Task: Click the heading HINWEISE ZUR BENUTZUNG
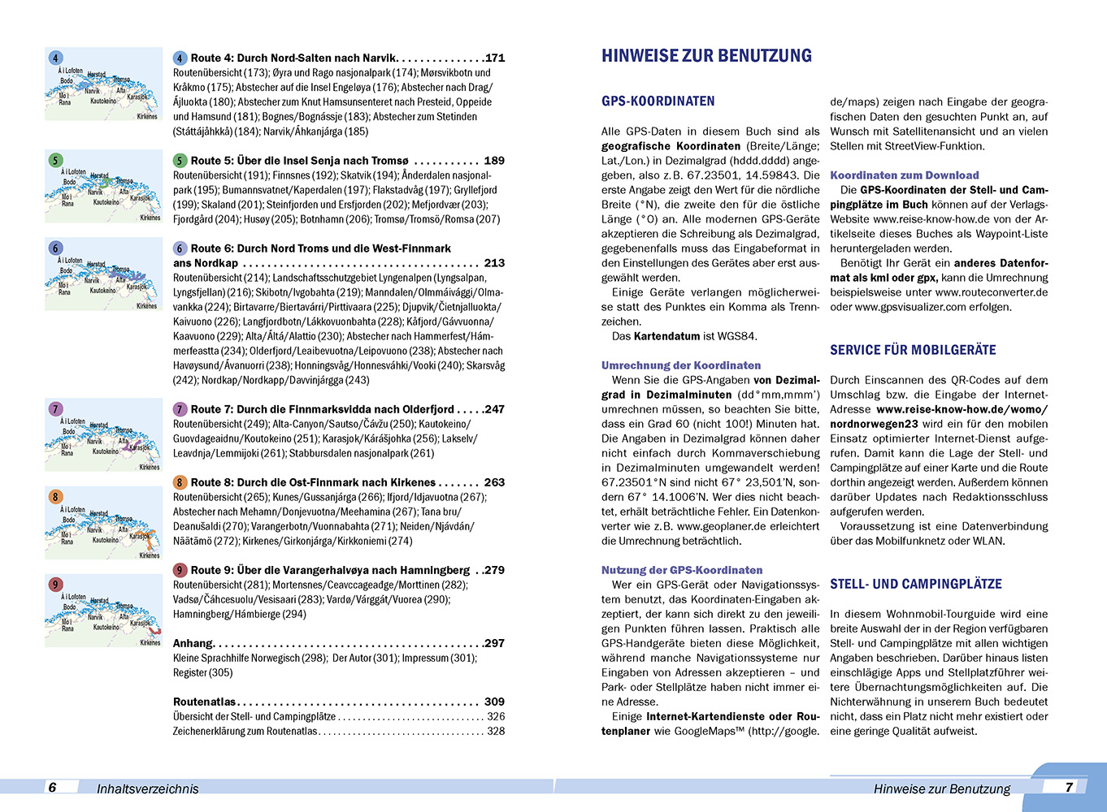[x=706, y=56]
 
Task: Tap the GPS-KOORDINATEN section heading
[x=658, y=101]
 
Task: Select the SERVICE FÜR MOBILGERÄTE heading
[x=913, y=350]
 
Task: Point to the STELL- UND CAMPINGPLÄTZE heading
[x=915, y=584]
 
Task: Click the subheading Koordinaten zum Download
[x=904, y=175]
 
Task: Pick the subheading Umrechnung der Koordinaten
[x=681, y=365]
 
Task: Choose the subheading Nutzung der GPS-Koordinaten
[x=682, y=570]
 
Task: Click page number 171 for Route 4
[x=494, y=58]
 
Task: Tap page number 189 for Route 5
[x=493, y=161]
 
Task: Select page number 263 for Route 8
[x=493, y=482]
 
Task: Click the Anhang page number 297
[x=493, y=643]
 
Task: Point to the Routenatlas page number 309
[x=493, y=702]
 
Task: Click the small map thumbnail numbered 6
[x=103, y=274]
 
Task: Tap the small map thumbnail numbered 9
[x=103, y=611]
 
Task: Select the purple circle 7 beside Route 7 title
[x=180, y=409]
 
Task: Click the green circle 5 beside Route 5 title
[x=180, y=161]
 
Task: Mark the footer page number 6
[x=53, y=787]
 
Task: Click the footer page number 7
[x=1069, y=787]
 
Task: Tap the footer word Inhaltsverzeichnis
[x=147, y=788]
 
